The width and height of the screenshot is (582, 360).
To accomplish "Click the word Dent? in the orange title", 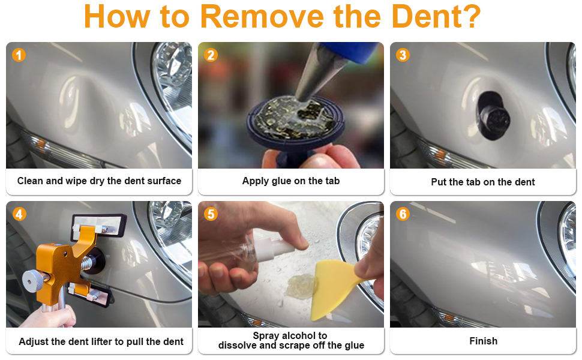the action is pyautogui.click(x=436, y=16).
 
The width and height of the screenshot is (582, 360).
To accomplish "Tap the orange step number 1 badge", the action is pyautogui.click(x=19, y=55).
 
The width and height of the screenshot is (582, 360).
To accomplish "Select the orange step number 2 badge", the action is pyautogui.click(x=211, y=55).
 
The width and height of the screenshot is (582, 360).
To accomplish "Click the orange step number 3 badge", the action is pyautogui.click(x=403, y=55).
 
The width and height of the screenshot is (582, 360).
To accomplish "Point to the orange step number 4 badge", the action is pyautogui.click(x=19, y=214).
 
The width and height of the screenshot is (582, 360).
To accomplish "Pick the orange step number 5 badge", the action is pyautogui.click(x=211, y=214).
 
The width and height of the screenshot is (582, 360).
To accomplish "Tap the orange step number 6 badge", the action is pyautogui.click(x=403, y=214).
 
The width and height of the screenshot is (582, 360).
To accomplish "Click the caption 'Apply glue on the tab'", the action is pyautogui.click(x=291, y=181).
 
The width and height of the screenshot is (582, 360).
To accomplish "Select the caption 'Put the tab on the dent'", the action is pyautogui.click(x=483, y=182).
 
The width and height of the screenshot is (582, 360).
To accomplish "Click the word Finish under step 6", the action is pyautogui.click(x=483, y=341).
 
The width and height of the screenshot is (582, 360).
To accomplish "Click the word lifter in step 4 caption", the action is pyautogui.click(x=102, y=341).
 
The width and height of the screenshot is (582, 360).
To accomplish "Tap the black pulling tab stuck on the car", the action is pyautogui.click(x=493, y=116).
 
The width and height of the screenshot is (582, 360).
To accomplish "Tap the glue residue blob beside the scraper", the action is pyautogui.click(x=299, y=286).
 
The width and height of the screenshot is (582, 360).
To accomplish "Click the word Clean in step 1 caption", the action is pyautogui.click(x=30, y=181).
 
